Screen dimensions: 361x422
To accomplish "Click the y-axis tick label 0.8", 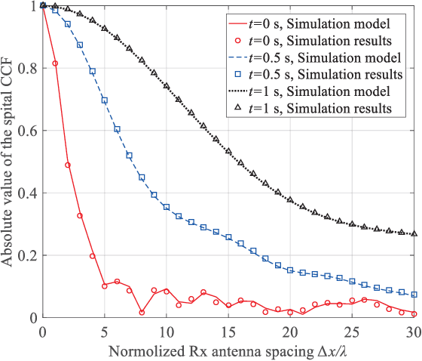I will coord(26,68).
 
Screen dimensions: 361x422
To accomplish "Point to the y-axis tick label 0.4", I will coord(26,193).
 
